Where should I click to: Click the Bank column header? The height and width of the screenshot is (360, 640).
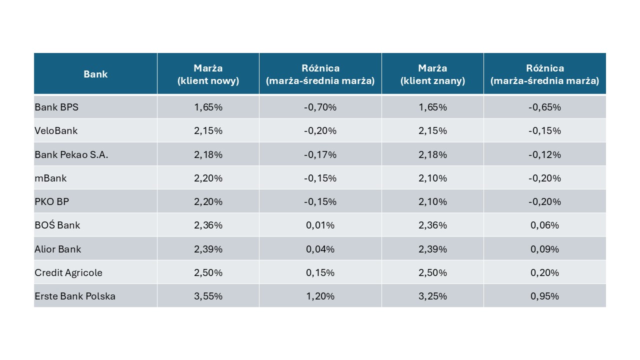(95, 74)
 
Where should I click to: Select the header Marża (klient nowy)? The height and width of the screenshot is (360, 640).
(208, 74)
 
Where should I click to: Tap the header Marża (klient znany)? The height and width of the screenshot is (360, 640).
(432, 74)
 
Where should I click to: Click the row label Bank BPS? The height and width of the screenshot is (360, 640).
(56, 107)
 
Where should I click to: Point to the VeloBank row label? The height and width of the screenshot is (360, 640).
(56, 131)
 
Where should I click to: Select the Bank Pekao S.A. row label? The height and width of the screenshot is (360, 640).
(71, 154)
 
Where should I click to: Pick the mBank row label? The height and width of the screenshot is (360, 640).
(50, 178)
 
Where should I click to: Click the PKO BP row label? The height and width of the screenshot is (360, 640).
(51, 201)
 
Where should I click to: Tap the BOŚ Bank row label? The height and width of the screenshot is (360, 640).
(57, 225)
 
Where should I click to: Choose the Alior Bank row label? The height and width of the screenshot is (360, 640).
(57, 249)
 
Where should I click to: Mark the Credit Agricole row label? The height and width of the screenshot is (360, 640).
(68, 273)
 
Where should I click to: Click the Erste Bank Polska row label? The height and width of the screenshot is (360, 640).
(75, 296)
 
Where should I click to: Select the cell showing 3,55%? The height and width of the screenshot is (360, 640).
(208, 296)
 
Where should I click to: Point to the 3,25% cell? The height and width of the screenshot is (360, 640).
(432, 296)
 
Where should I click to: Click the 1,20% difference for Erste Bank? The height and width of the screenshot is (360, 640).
(320, 296)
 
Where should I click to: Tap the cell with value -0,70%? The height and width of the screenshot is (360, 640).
(320, 107)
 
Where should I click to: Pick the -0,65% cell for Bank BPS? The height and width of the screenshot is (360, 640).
(545, 107)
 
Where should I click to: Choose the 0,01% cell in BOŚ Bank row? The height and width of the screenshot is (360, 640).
(320, 225)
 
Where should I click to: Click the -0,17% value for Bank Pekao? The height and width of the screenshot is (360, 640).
(320, 154)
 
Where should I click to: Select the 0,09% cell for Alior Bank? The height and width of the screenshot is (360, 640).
(545, 249)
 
